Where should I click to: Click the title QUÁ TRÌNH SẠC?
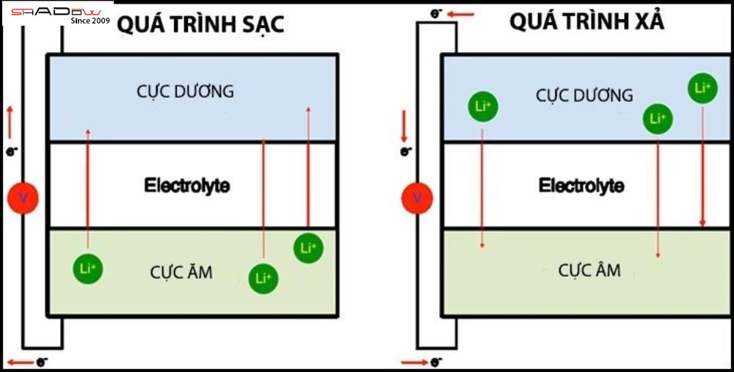point(200,25)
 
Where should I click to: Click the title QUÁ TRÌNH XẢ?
point(586,21)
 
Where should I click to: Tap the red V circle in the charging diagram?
point(22,198)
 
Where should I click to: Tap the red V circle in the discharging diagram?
point(417,198)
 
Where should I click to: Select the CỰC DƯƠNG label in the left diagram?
point(185,92)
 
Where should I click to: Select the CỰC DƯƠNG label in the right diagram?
point(584,95)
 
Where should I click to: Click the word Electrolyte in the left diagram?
point(186,185)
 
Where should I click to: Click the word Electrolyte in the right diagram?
point(581,185)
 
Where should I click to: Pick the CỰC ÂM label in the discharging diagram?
point(589,270)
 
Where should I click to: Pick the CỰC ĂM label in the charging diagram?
point(181,272)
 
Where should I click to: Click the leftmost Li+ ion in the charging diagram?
point(88,269)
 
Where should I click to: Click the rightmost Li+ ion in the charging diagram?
point(308,248)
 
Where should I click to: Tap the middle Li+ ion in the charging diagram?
point(264,278)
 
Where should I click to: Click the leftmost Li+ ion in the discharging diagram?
point(483,107)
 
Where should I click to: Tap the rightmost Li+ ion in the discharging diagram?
point(702,88)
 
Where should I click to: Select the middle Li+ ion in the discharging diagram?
point(658,118)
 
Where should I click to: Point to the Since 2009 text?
point(90,21)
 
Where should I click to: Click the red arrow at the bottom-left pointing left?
point(21,362)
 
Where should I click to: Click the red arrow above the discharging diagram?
point(461,13)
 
